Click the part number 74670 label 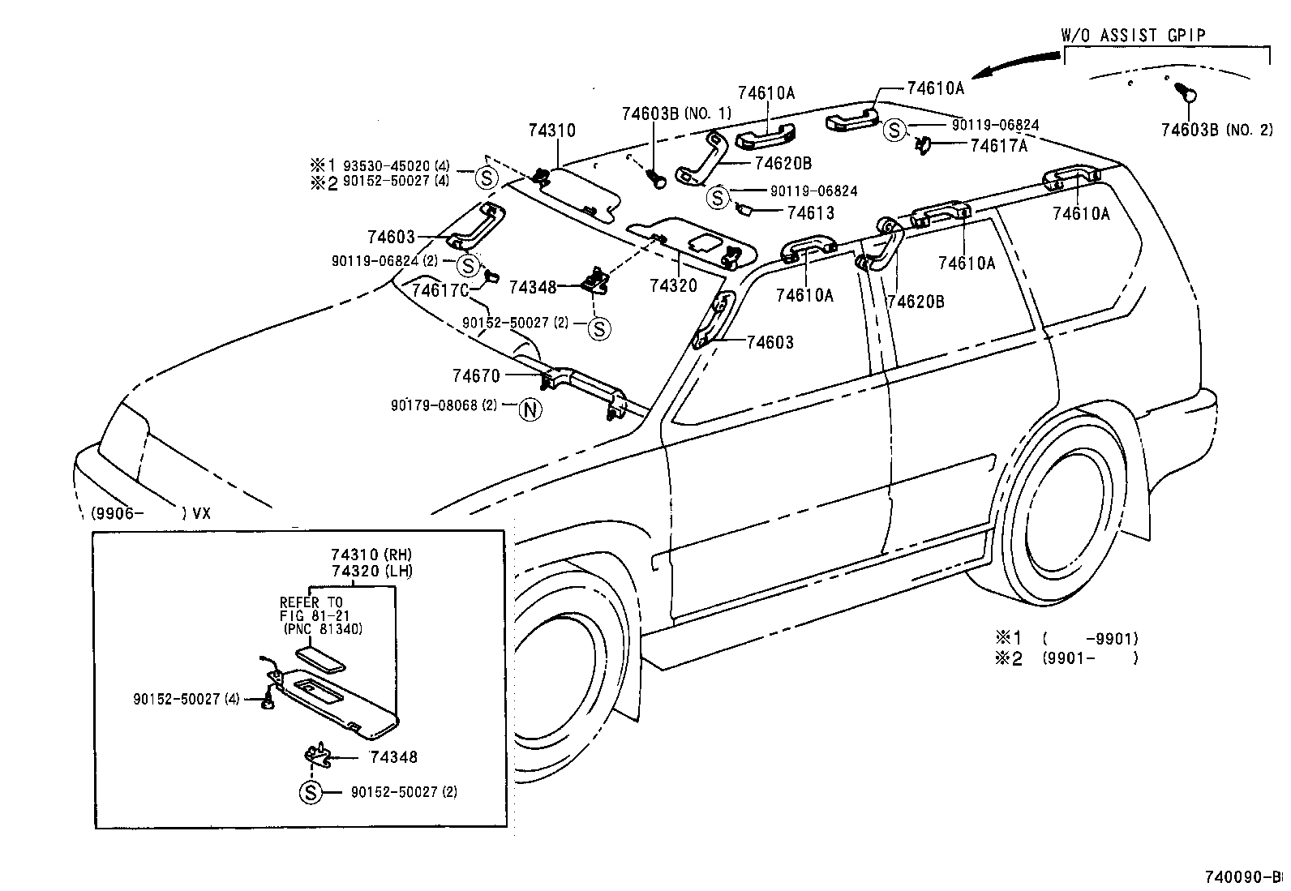[x=476, y=375]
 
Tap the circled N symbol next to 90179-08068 [x=530, y=409]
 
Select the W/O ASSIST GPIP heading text [x=1133, y=35]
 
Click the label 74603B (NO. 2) [x=1216, y=130]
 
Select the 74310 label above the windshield [x=551, y=131]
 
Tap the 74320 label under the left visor [x=672, y=285]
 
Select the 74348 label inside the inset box [x=393, y=757]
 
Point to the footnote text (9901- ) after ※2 [x=1090, y=658]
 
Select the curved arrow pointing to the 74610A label [x=1018, y=64]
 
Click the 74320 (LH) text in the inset [x=371, y=571]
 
